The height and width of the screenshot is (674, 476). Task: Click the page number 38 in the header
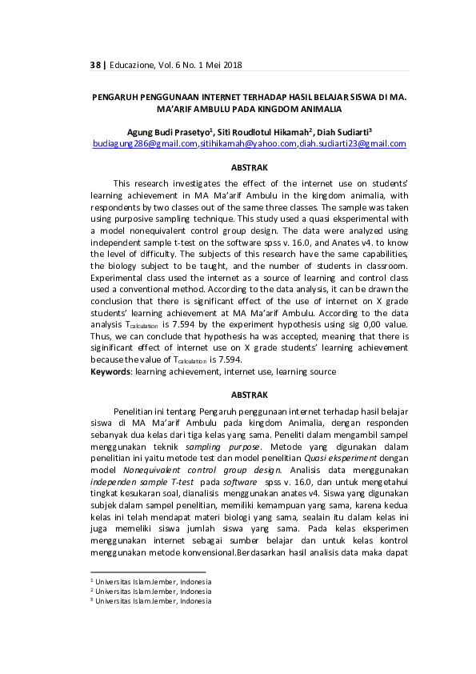(96, 65)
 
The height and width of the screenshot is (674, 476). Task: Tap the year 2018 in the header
(230, 65)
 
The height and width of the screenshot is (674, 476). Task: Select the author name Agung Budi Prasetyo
(167, 131)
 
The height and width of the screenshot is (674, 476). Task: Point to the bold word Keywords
(110, 371)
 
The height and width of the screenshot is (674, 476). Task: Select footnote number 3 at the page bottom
(92, 599)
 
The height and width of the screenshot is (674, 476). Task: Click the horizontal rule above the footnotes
(148, 572)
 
